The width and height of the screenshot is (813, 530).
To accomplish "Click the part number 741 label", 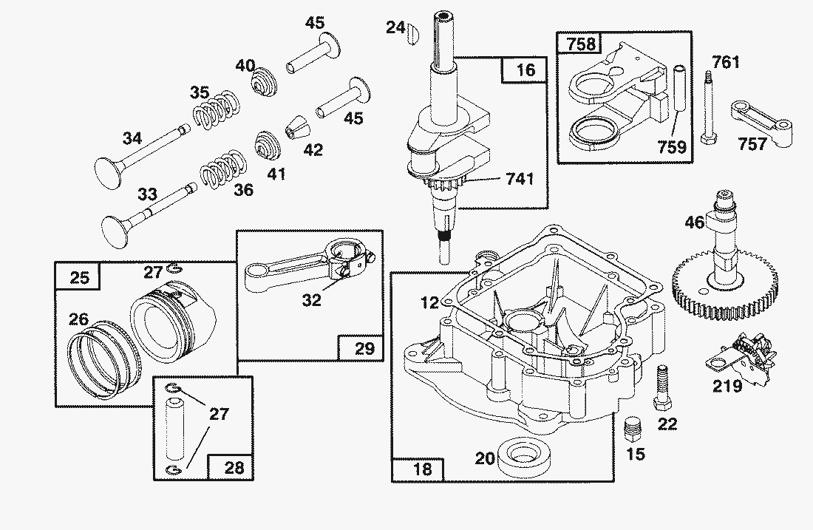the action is pos(520,179).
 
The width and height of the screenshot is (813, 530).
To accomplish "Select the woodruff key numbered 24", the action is pos(412,33).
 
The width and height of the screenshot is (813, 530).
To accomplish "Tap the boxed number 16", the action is pos(525,70).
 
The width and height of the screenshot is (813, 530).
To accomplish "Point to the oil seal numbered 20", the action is pos(523,455).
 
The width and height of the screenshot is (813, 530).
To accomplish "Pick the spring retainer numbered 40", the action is pos(265,81).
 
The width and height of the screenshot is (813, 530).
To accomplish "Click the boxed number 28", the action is pos(234,468).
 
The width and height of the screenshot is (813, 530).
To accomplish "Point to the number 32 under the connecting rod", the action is pos(312,300).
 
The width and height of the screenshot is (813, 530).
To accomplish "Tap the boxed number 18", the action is pos(423,469).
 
